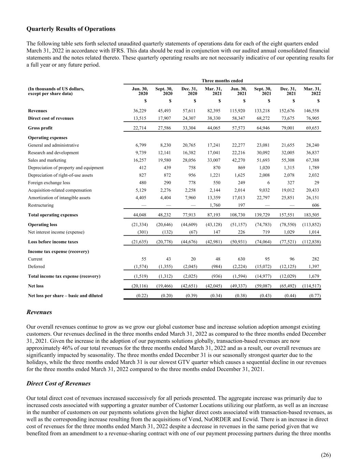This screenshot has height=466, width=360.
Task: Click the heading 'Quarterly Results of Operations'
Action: [x=71, y=29]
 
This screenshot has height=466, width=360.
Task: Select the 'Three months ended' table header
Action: [x=222, y=81]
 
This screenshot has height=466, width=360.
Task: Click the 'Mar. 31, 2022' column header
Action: [x=312, y=91]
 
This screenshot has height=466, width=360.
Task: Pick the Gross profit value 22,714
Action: [x=140, y=128]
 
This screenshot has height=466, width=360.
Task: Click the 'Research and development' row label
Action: [x=53, y=153]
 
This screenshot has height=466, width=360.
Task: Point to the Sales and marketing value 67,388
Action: [x=313, y=160]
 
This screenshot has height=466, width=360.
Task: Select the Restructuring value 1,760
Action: [x=215, y=205]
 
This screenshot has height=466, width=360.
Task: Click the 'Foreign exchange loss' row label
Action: [x=49, y=183]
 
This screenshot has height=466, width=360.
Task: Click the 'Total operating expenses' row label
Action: [x=53, y=215]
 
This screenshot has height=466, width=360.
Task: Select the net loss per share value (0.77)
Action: [x=315, y=296]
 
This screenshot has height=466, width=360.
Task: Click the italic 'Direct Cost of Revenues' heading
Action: [x=58, y=383]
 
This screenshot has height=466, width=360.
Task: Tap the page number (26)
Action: [x=326, y=455]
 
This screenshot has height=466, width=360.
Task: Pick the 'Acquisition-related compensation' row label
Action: [x=60, y=190]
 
